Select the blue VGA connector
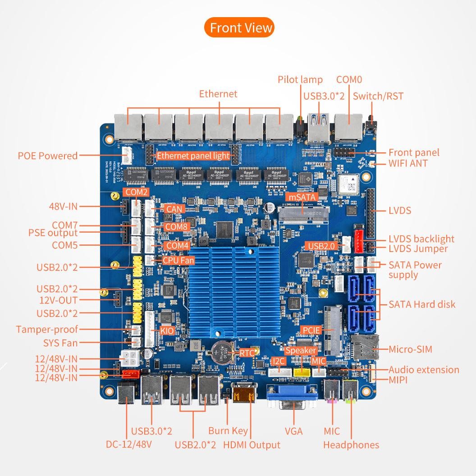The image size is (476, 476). (x=293, y=397)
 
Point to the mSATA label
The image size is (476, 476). (x=302, y=197)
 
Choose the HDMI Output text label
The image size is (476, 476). (x=252, y=445)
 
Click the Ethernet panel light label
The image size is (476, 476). (x=193, y=156)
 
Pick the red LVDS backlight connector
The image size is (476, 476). (x=359, y=242)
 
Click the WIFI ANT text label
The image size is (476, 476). (x=408, y=163)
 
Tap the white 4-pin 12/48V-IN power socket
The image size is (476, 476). (x=131, y=359)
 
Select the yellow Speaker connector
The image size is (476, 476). (x=302, y=372)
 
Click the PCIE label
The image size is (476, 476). (x=311, y=330)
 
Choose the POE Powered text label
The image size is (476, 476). (x=48, y=156)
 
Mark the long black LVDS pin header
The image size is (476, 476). (x=371, y=214)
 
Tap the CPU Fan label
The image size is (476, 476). (x=178, y=260)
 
